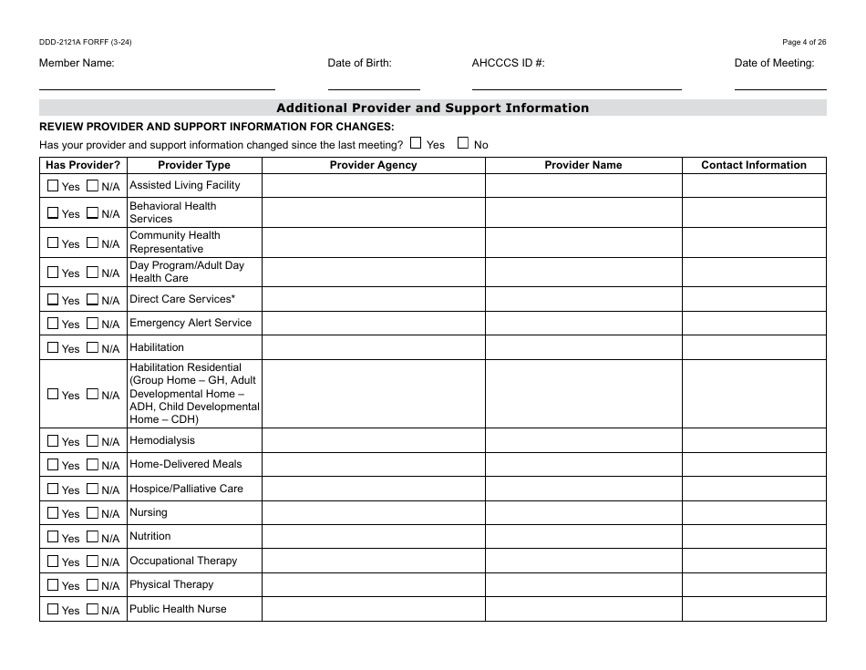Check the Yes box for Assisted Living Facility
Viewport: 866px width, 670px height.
53,185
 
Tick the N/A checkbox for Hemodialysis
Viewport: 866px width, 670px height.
92,440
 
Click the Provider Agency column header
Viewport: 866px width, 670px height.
373,165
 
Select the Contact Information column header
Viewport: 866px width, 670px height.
753,165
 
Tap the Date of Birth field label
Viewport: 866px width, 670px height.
359,63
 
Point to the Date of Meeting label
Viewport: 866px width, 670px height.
774,63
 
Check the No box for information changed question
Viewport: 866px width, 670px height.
463,143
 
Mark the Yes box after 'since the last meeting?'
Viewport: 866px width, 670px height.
416,143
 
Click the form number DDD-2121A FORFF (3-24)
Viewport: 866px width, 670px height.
77,42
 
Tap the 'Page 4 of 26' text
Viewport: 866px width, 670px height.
804,42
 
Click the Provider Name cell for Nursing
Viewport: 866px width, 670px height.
583,513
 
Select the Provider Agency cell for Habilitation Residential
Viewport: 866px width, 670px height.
373,394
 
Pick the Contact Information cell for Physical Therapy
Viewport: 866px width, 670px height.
753,585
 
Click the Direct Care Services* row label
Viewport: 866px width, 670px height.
182,299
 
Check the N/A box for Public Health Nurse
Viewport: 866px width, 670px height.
92,609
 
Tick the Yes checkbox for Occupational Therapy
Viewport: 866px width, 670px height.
53,561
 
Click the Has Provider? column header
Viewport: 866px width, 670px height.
83,165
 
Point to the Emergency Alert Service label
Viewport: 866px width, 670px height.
191,323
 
